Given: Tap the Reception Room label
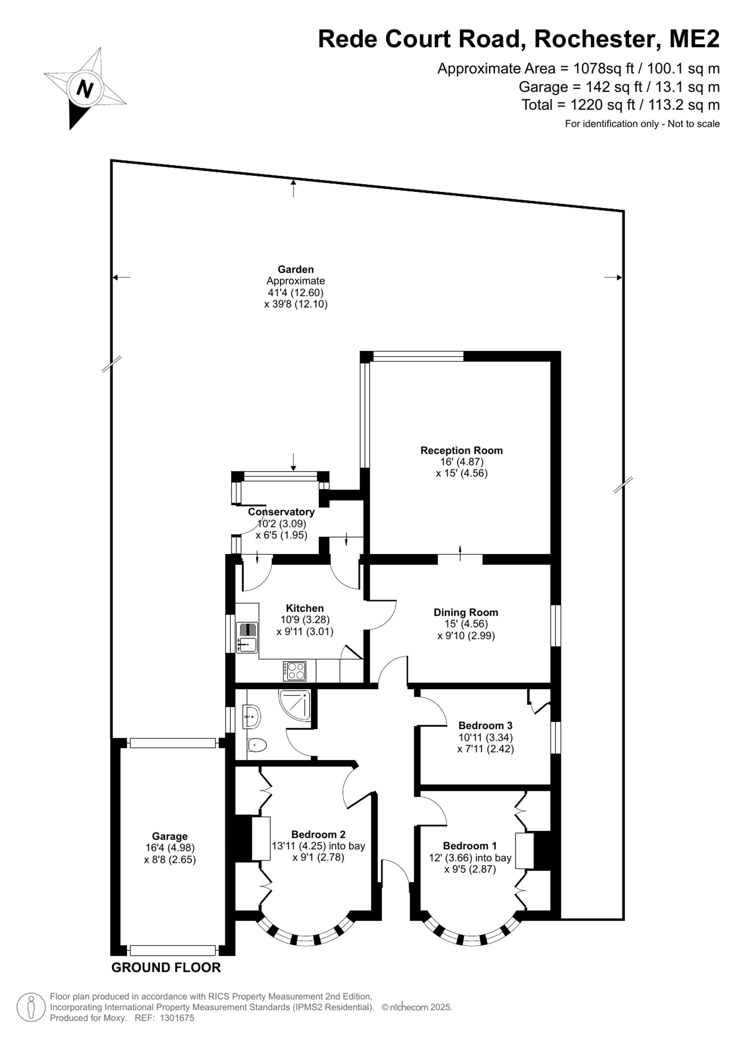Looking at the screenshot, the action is pos(462,450).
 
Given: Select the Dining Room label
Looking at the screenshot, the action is pos(466,613).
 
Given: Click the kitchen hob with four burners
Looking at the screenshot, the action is pos(294,671).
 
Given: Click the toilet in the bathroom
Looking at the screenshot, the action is pos(257,745).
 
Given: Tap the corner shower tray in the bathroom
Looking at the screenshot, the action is pos(295,706).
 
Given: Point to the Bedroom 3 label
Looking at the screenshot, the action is pos(485,725).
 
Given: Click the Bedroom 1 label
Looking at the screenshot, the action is pos(470,846).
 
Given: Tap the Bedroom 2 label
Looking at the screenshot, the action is pos(318,834).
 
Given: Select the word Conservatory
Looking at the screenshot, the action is pos(281,511).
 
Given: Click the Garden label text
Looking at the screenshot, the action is pos(296,269).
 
